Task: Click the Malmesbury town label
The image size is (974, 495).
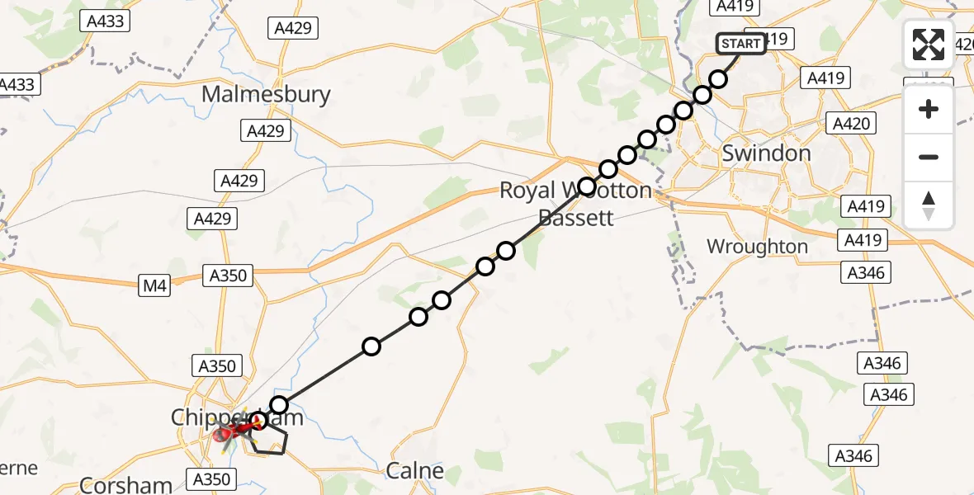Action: click(x=266, y=94)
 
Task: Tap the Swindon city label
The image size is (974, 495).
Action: click(x=766, y=153)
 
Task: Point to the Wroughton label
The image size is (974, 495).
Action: click(x=757, y=247)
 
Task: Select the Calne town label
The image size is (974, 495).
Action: click(x=415, y=471)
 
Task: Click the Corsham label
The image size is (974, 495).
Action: click(x=126, y=485)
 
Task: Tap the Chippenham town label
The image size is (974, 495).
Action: click(x=237, y=417)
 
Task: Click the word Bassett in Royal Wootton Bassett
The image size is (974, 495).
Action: click(x=577, y=218)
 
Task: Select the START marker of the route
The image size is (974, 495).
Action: click(x=741, y=44)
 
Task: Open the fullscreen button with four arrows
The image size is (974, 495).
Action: click(x=929, y=44)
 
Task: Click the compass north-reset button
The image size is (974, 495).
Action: click(x=929, y=205)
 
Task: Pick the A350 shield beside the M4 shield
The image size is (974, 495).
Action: click(x=228, y=276)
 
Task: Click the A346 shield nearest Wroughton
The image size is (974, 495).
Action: click(x=865, y=272)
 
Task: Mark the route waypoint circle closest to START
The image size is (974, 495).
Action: click(x=718, y=79)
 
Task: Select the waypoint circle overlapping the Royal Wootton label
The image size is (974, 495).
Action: click(x=587, y=186)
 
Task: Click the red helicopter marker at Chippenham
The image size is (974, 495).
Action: click(x=225, y=433)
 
